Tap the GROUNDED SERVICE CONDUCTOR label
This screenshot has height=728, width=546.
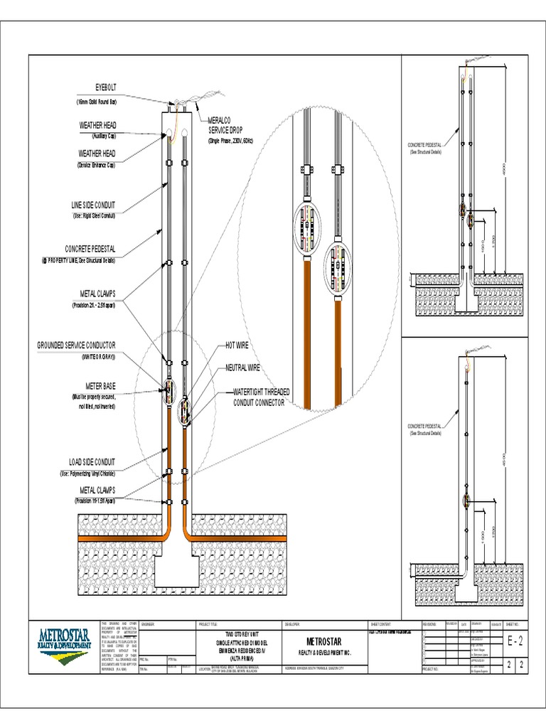pyautogui.click(x=76, y=345)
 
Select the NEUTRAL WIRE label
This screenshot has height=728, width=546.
pyautogui.click(x=242, y=368)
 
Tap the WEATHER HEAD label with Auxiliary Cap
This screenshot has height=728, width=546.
pyautogui.click(x=97, y=125)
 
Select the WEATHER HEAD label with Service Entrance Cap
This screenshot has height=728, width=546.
pyautogui.click(x=97, y=153)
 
